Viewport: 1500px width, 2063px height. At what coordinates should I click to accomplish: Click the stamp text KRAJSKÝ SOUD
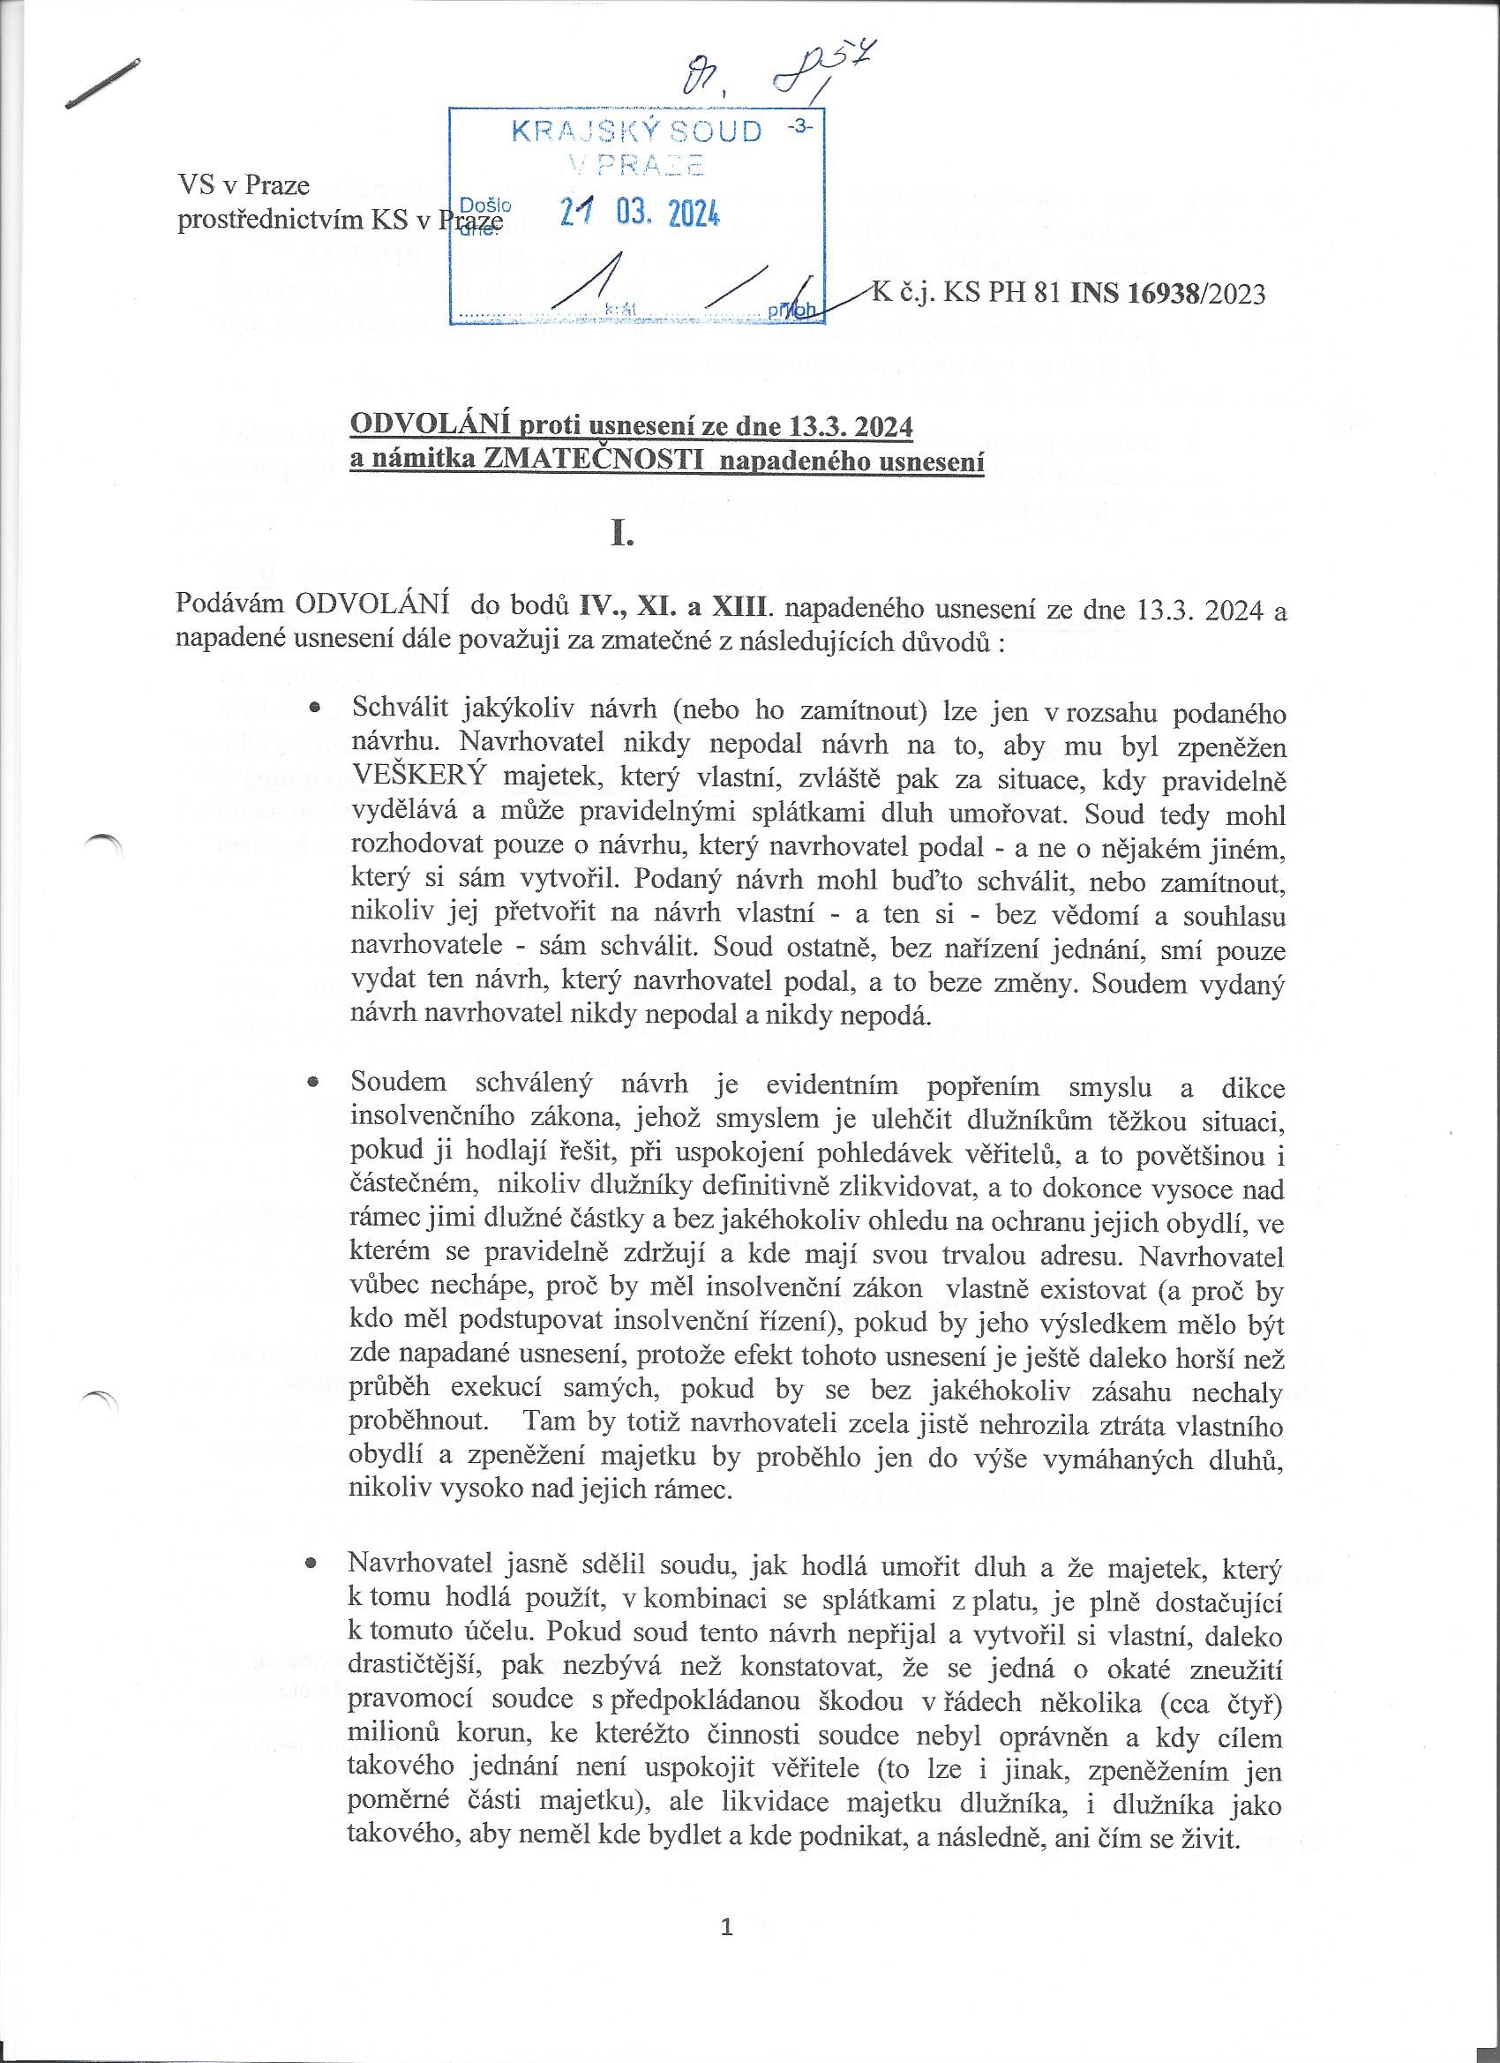click(636, 131)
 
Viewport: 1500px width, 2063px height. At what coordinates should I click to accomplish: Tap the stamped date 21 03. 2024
click(640, 213)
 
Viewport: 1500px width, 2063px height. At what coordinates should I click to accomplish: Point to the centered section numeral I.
click(622, 535)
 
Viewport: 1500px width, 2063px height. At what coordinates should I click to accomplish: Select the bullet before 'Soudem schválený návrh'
click(314, 1084)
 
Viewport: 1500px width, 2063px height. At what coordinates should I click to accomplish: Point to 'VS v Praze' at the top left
click(243, 185)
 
